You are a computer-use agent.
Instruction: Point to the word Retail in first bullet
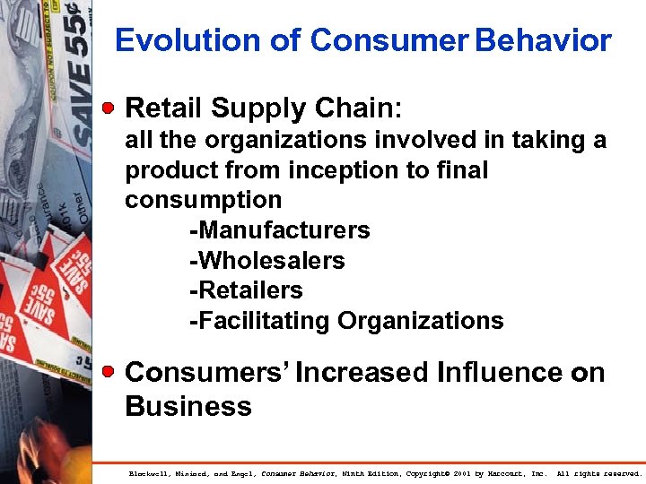click(164, 108)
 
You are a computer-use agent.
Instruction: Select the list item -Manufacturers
click(279, 230)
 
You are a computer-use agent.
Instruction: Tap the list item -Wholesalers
click(266, 261)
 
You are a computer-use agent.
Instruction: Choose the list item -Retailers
click(246, 290)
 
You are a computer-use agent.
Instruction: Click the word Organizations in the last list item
click(420, 321)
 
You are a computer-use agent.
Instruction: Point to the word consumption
click(203, 200)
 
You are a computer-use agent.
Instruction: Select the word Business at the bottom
click(188, 406)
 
